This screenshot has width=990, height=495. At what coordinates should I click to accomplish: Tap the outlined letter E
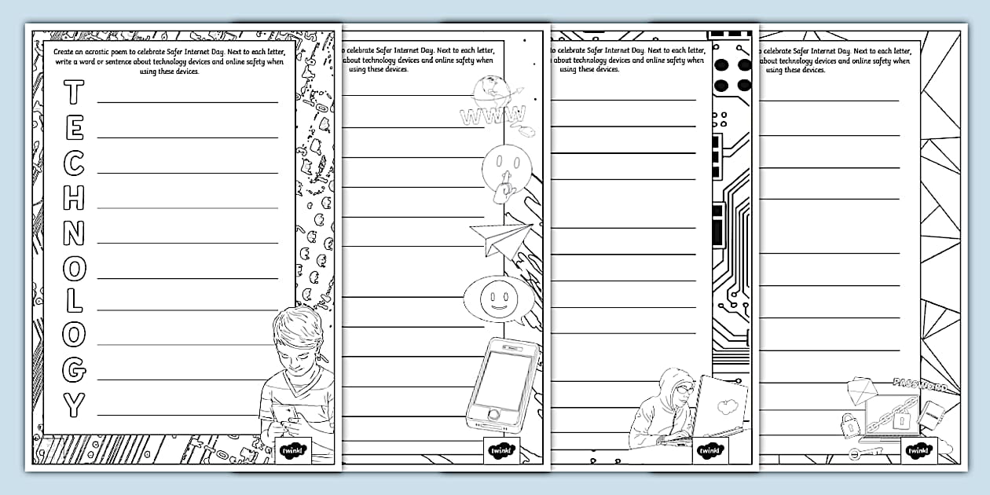click(x=73, y=129)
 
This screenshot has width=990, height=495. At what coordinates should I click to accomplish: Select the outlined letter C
click(x=73, y=163)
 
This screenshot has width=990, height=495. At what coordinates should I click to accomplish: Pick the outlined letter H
click(x=73, y=198)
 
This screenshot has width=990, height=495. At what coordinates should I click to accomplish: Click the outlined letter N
click(x=73, y=233)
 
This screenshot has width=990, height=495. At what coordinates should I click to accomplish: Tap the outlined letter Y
click(x=73, y=405)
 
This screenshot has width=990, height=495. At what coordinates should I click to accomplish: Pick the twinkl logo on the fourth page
click(x=918, y=450)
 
